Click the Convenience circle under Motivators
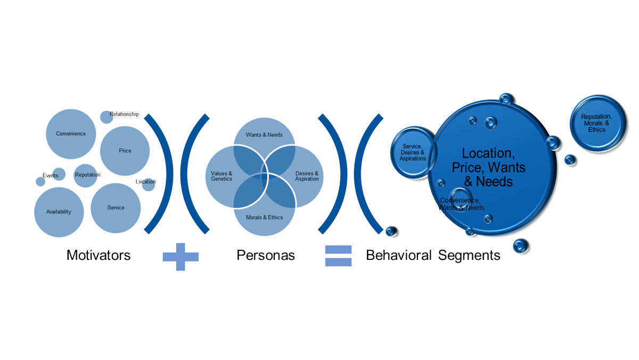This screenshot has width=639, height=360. click(x=71, y=134)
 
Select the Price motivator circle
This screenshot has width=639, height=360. click(x=125, y=151)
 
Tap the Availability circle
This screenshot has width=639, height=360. click(x=59, y=212)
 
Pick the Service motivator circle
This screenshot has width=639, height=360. click(x=116, y=208)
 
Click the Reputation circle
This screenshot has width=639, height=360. click(x=86, y=175)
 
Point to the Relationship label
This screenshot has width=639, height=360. click(x=124, y=114)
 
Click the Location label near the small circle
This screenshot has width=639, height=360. click(x=145, y=182)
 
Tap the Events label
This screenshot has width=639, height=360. click(x=51, y=175)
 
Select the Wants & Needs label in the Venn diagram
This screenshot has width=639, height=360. click(x=264, y=135)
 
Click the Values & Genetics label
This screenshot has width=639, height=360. click(x=222, y=176)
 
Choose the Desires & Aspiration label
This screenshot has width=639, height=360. click(x=307, y=176)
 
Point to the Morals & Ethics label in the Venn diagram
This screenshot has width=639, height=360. click(x=264, y=217)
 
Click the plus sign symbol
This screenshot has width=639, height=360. click(x=181, y=257)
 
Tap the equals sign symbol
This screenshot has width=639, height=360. click(x=338, y=256)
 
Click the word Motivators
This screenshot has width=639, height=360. click(x=99, y=255)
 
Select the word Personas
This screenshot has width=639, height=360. click(x=266, y=255)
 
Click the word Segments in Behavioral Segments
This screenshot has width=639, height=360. click(x=469, y=255)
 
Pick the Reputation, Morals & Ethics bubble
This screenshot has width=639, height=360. click(x=598, y=123)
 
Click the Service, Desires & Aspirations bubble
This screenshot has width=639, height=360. click(x=413, y=152)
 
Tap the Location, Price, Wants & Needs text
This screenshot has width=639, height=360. click(x=488, y=167)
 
